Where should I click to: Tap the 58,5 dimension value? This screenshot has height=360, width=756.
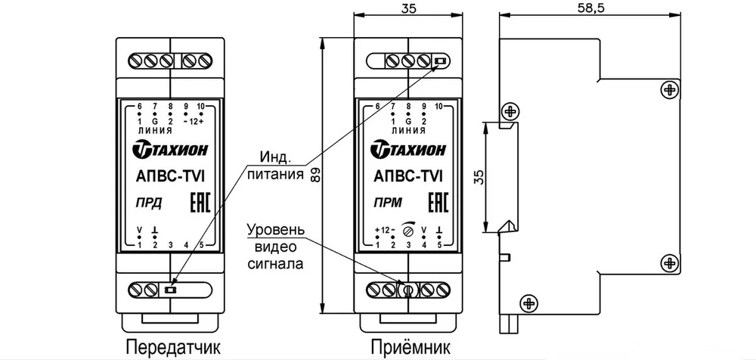[x=590, y=8]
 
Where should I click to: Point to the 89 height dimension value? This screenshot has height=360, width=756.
[x=315, y=175]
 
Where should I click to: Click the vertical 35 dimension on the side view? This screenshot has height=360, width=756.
[x=478, y=177]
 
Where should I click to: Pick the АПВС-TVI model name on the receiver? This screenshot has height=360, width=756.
[x=410, y=177]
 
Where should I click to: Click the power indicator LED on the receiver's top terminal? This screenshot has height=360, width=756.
[x=440, y=61]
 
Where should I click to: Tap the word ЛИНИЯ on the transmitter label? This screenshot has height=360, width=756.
[x=154, y=131]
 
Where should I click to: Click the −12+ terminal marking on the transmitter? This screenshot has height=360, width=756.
[x=194, y=121]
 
